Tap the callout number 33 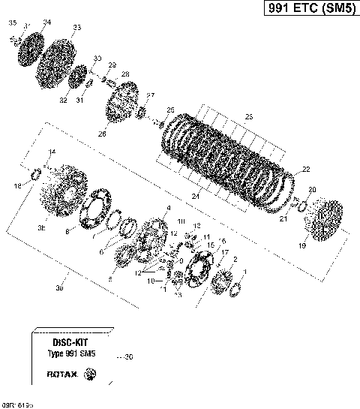(x=76, y=28)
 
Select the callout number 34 (x=47, y=23)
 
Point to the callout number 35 (x=12, y=24)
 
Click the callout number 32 (x=63, y=100)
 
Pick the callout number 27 (x=150, y=95)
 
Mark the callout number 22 (x=305, y=170)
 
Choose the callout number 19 (x=302, y=245)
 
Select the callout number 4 (x=168, y=208)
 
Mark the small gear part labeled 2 (x=222, y=281)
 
